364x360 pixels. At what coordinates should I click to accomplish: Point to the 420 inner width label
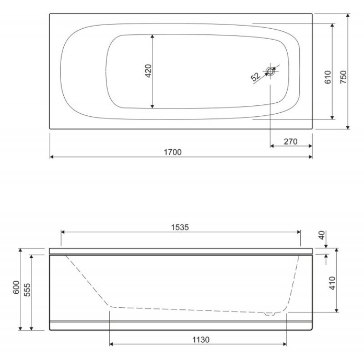click(147, 71)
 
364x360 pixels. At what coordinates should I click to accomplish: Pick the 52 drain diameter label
click(255, 77)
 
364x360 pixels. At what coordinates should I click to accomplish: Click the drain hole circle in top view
click(270, 71)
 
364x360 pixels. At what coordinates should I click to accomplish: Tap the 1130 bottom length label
click(200, 339)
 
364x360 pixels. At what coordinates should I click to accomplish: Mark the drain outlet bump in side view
click(269, 314)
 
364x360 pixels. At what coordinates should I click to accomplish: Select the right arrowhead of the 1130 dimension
click(285, 344)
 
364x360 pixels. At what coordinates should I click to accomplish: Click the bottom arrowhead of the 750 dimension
click(347, 127)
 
